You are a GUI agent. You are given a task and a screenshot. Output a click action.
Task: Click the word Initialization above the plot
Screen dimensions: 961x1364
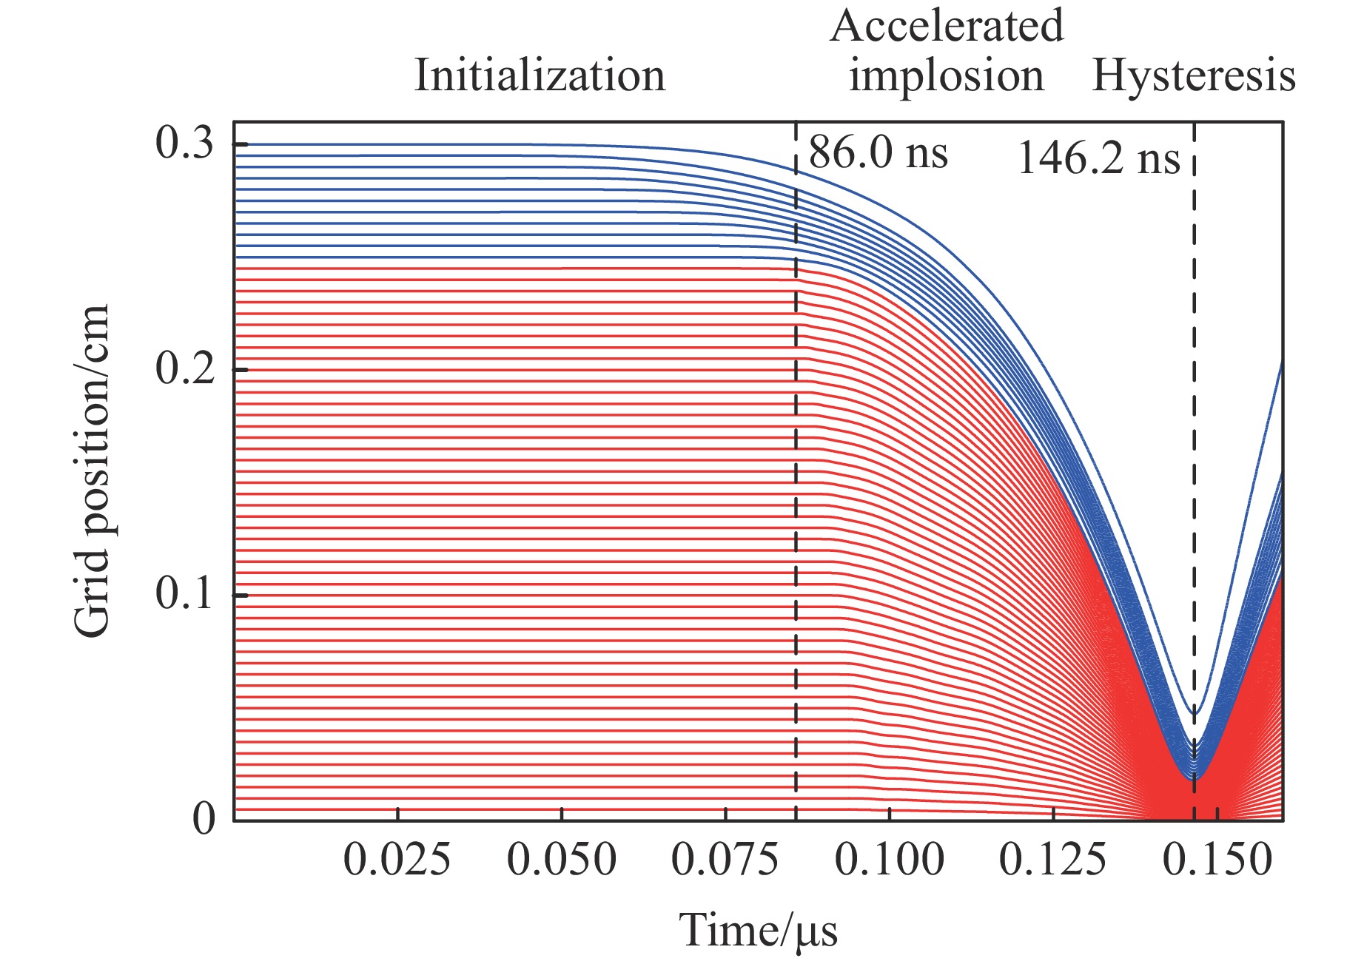tap(540, 75)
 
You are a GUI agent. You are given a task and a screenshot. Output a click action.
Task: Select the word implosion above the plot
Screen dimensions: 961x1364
tap(946, 75)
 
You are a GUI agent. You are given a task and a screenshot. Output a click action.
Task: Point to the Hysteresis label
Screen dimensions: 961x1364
tap(1194, 75)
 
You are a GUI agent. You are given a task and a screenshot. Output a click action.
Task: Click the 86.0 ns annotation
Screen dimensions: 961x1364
tap(878, 153)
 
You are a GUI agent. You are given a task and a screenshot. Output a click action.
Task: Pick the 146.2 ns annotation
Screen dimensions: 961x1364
tap(1098, 158)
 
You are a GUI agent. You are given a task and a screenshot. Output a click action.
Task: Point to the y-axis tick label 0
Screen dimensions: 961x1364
tap(204, 819)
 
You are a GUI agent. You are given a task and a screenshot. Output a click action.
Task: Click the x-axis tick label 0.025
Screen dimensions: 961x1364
tap(397, 861)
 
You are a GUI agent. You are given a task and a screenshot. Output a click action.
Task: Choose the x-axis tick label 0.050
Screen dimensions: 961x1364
tap(562, 861)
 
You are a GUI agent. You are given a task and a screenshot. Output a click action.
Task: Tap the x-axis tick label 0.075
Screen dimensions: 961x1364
tap(725, 861)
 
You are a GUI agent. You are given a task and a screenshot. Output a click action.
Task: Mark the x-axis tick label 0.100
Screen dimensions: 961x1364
tap(890, 861)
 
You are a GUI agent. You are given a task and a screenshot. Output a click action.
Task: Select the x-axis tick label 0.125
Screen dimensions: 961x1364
tap(1053, 861)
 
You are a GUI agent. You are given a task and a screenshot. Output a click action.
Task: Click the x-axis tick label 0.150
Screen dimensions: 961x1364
tap(1217, 861)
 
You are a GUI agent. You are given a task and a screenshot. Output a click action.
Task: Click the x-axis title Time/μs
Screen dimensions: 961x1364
tap(759, 931)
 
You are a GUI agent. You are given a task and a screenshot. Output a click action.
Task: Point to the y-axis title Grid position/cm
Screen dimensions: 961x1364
tap(92, 471)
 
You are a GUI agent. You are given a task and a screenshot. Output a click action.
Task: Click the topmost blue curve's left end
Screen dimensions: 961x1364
tap(237, 144)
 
